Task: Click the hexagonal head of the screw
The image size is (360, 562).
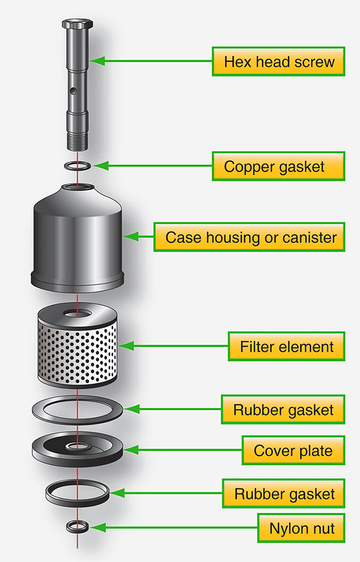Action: [78, 24]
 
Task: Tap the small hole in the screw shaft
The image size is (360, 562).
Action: [73, 92]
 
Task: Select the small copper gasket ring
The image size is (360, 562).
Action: [78, 166]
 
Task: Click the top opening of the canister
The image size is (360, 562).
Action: [78, 187]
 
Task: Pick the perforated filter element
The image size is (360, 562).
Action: [78, 345]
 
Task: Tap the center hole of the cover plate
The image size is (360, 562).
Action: [78, 446]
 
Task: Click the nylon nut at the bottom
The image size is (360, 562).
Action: [78, 527]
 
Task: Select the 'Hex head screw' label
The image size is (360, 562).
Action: [278, 61]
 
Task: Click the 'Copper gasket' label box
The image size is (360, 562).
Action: [278, 166]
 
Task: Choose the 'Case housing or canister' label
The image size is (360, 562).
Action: [249, 237]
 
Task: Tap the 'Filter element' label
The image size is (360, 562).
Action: [286, 346]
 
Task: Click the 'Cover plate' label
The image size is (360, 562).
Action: [293, 450]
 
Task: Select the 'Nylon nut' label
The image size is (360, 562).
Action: [301, 528]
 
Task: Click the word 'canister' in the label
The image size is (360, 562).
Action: [309, 237]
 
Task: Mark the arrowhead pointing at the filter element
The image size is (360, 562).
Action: [126, 346]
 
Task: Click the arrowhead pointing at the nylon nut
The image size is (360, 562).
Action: [97, 528]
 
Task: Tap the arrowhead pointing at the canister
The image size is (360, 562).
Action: [130, 237]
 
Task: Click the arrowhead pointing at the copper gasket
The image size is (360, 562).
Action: [100, 166]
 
